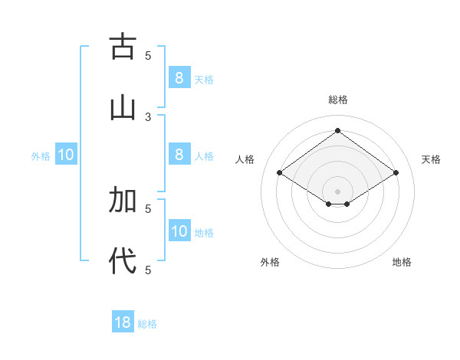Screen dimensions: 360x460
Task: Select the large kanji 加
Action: (122, 200)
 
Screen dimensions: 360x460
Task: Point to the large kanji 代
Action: (122, 261)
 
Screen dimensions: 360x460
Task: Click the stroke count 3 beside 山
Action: (148, 116)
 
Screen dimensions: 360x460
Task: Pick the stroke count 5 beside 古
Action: (148, 55)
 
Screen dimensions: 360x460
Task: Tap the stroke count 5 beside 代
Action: (148, 270)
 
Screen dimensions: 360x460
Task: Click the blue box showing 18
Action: (123, 322)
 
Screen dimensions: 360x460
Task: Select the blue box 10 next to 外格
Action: (66, 155)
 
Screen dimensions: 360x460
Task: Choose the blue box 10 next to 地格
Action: (179, 231)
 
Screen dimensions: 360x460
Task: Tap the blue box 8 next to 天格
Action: (179, 78)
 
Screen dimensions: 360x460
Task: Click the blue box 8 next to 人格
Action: (179, 155)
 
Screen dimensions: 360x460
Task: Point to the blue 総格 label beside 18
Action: (147, 324)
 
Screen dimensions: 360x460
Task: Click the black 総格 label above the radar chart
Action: (338, 100)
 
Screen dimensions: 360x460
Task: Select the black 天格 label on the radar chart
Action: (431, 159)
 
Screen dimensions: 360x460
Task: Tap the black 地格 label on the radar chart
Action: (402, 262)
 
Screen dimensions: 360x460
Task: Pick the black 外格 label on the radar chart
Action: (270, 262)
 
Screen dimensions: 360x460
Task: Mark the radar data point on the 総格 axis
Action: (337, 130)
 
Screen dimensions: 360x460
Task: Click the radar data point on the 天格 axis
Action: (396, 173)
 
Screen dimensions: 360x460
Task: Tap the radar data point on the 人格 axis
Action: (280, 173)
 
